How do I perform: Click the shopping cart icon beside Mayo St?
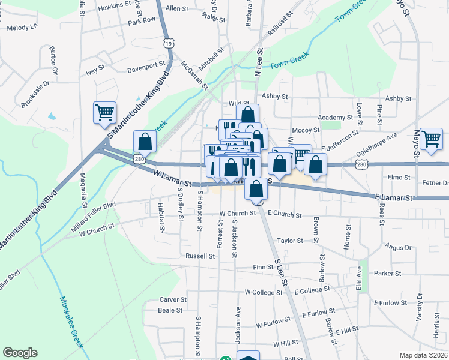click(431, 139)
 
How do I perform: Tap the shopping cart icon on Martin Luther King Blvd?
click(104, 112)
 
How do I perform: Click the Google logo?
click(20, 353)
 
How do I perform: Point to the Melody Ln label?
click(22, 27)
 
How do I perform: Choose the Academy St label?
click(336, 118)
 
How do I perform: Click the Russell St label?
click(200, 256)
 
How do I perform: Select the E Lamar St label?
click(394, 197)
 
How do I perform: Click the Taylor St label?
click(289, 241)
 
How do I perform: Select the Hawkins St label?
click(115, 5)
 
